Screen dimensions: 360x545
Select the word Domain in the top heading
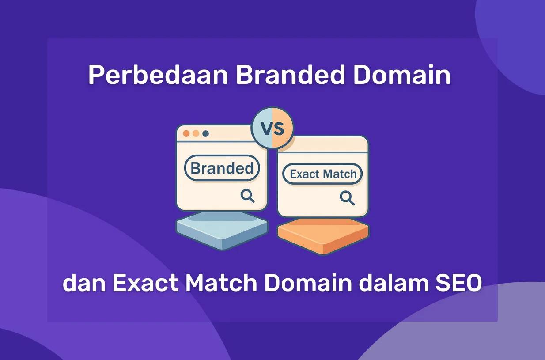[x=402, y=76]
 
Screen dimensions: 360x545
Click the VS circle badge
[x=272, y=128]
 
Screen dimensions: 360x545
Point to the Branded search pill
[x=222, y=168]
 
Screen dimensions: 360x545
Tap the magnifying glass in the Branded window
[x=247, y=196]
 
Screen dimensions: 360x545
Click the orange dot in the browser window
[x=186, y=133]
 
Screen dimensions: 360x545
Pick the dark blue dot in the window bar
[x=205, y=133]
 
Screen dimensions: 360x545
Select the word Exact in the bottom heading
[x=145, y=283]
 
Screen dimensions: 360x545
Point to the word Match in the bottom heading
[x=221, y=283]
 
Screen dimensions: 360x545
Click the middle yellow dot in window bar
[x=196, y=133]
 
